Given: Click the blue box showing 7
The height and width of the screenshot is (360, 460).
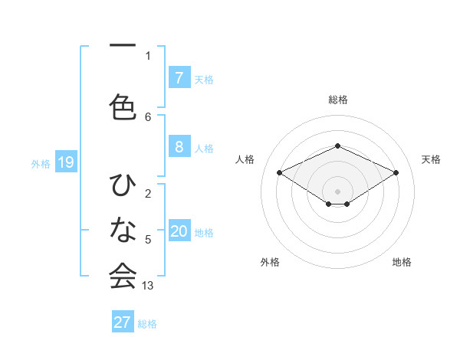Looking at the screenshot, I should pyautogui.click(x=179, y=78).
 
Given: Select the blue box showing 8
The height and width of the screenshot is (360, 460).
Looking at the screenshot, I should pyautogui.click(x=179, y=147).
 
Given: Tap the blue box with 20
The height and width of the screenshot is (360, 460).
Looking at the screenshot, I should pyautogui.click(x=179, y=232).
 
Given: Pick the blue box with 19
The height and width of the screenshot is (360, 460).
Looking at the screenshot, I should pyautogui.click(x=65, y=162).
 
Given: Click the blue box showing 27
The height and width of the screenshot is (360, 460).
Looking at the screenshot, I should pyautogui.click(x=123, y=322).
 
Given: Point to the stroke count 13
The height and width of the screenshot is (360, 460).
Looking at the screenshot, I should pyautogui.click(x=148, y=286).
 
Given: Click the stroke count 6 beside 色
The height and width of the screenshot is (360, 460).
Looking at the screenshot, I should pyautogui.click(x=148, y=116).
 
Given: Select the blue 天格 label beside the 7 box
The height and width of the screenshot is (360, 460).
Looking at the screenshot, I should pyautogui.click(x=204, y=79).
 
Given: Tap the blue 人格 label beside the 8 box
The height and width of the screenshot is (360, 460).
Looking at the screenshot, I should pyautogui.click(x=204, y=148).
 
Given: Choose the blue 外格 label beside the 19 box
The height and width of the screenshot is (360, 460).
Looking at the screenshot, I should pyautogui.click(x=41, y=163).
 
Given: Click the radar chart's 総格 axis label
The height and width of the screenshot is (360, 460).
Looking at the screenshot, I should pyautogui.click(x=337, y=100).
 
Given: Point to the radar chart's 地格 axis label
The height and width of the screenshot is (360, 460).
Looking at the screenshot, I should pyautogui.click(x=402, y=262).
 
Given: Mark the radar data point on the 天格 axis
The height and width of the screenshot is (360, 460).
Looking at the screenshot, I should pyautogui.click(x=396, y=172).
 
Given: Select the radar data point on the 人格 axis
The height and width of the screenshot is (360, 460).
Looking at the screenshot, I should pyautogui.click(x=280, y=172).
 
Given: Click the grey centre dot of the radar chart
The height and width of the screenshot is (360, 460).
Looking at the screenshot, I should pyautogui.click(x=337, y=190).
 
